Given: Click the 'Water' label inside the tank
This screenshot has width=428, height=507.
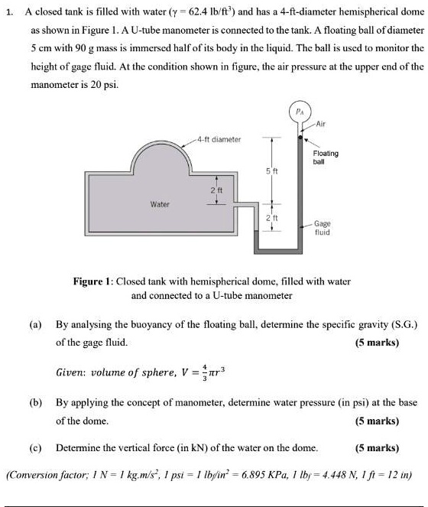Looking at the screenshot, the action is pyautogui.click(x=138, y=204).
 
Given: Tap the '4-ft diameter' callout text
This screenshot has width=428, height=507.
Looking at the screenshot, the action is pyautogui.click(x=218, y=139).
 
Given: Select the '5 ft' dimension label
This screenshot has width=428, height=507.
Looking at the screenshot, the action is pyautogui.click(x=260, y=169).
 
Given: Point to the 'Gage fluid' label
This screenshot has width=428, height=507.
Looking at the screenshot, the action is pyautogui.click(x=323, y=227).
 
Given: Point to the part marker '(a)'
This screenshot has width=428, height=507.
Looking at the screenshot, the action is pyautogui.click(x=35, y=324).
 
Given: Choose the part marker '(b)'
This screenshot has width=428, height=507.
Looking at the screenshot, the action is pyautogui.click(x=35, y=401).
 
